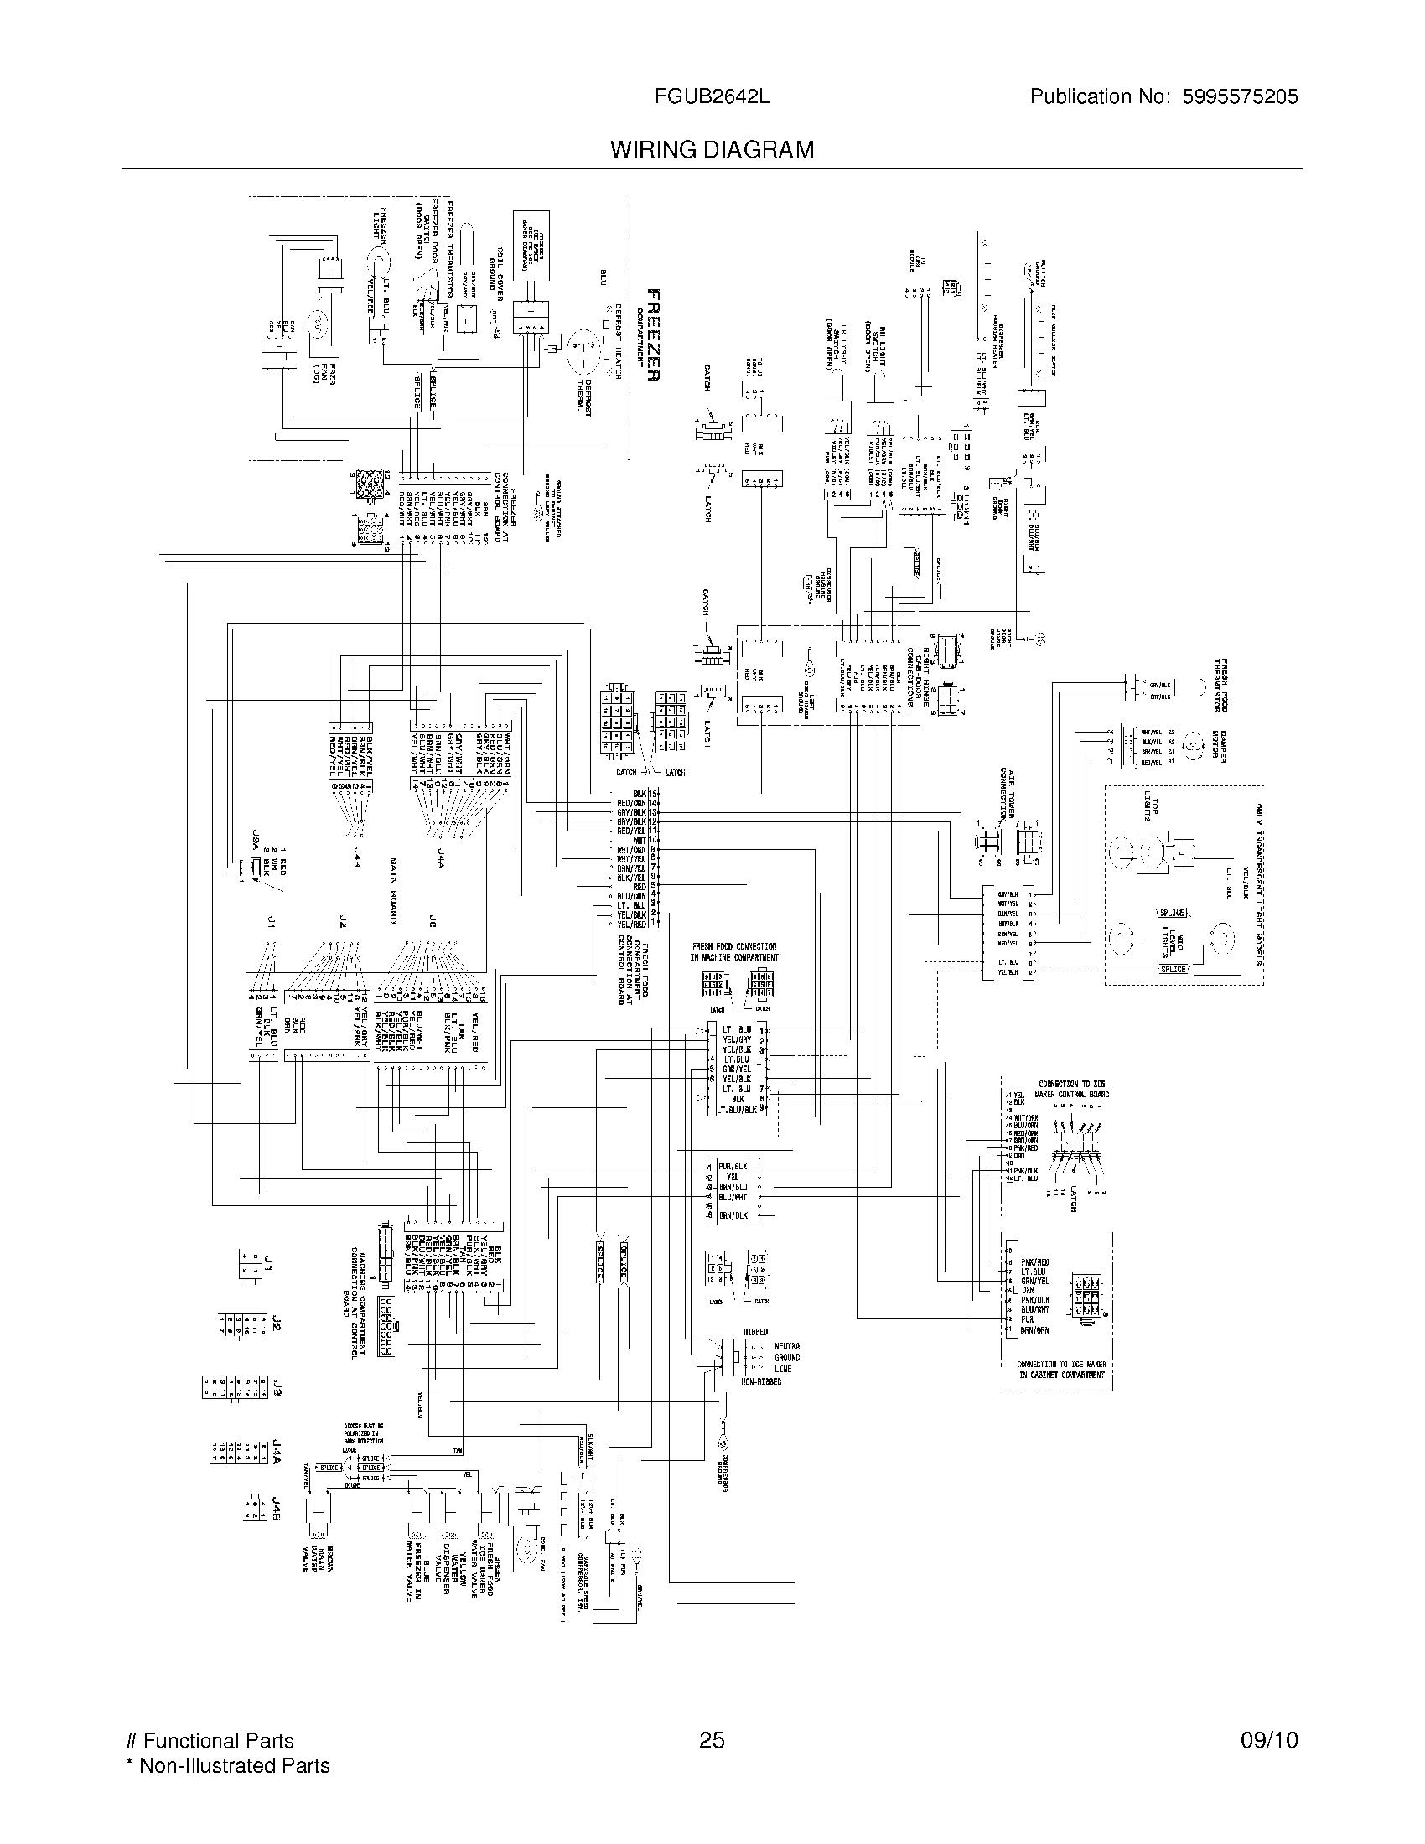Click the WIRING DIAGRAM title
tap(712, 149)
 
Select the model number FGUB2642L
tap(712, 96)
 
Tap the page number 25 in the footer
tap(712, 1740)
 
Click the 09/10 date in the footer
tap(1269, 1740)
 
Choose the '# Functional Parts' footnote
tap(210, 1740)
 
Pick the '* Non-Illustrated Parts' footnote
tap(227, 1765)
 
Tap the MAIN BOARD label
tap(393, 891)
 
